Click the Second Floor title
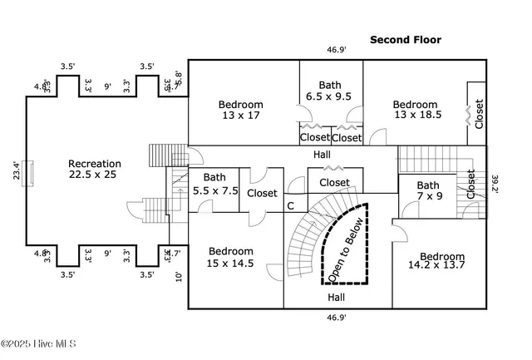tap(406, 39)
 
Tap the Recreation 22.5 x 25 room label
tap(95, 170)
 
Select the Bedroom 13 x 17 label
tap(241, 110)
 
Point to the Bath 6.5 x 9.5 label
tap(330, 90)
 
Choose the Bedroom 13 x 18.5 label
tap(416, 110)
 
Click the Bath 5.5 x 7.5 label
tap(214, 183)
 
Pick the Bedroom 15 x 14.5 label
tap(230, 257)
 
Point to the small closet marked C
tap(291, 205)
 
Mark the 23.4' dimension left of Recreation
tap(17, 170)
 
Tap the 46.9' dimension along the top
tap(336, 50)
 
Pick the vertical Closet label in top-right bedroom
tap(479, 114)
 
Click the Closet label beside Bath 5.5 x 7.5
tap(262, 193)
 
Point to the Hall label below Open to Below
tap(337, 297)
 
